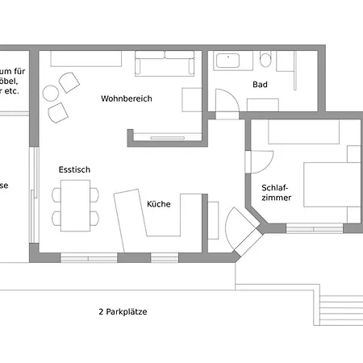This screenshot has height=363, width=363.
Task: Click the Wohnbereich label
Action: [126, 99]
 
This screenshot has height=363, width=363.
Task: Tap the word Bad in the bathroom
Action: [260, 84]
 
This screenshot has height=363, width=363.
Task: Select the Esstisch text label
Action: [74, 170]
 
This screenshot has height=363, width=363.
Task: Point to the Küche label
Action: [158, 204]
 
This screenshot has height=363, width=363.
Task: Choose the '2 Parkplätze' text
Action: [123, 311]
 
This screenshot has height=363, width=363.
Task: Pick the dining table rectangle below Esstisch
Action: [77, 205]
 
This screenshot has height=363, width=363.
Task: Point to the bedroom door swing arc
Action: [258, 163]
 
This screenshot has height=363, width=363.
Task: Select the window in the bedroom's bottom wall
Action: [314, 227]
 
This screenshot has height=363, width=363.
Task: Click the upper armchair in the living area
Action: [68, 82]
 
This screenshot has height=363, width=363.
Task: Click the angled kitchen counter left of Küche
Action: [129, 218]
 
